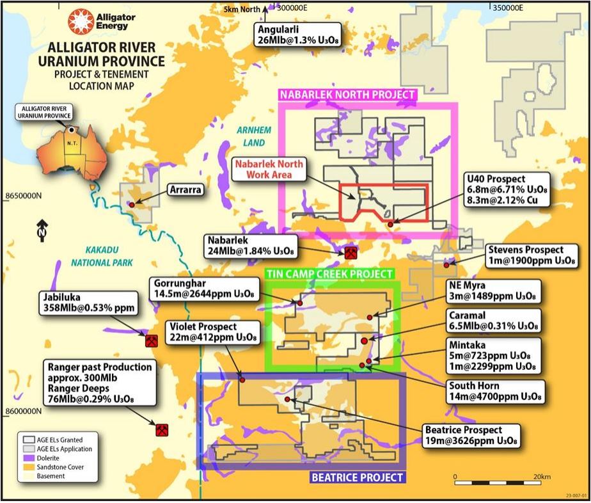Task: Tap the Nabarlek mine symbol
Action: [x=350, y=253]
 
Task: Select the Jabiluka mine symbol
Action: [x=152, y=340]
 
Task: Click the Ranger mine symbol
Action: [x=161, y=429]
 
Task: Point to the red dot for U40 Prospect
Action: [x=390, y=224]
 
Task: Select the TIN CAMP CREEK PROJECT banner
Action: [x=329, y=274]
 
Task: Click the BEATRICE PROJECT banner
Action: [x=358, y=477]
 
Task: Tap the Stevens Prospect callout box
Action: [x=525, y=255]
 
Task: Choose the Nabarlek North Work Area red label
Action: [x=262, y=169]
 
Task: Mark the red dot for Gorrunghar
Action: [x=298, y=302]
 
